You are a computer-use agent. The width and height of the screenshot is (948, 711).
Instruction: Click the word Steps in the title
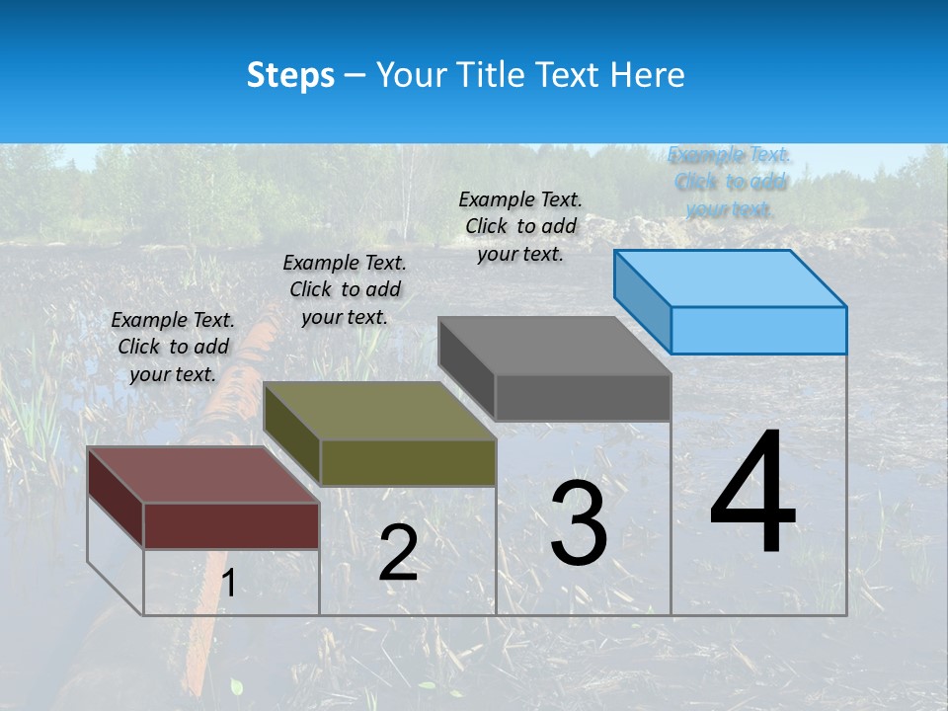pyautogui.click(x=290, y=75)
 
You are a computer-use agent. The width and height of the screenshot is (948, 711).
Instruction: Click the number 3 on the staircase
pyautogui.click(x=579, y=523)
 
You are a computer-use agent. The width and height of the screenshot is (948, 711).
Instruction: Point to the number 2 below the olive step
pyautogui.click(x=398, y=553)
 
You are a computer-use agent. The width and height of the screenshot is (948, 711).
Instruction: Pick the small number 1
pyautogui.click(x=229, y=584)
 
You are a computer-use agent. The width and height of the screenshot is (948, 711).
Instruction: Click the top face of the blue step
pyautogui.click(x=731, y=278)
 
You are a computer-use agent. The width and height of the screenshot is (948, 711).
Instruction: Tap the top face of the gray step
pyautogui.click(x=555, y=346)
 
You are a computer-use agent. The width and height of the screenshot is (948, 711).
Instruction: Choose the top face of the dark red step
pyautogui.click(x=202, y=475)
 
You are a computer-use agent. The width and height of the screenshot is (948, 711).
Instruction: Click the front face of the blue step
pyautogui.click(x=758, y=330)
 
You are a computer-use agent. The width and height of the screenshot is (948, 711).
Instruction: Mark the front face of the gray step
pyautogui.click(x=583, y=398)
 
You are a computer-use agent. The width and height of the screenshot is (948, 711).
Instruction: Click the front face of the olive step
pyautogui.click(x=408, y=462)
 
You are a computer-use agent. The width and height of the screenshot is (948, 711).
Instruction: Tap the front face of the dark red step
pyautogui.click(x=231, y=525)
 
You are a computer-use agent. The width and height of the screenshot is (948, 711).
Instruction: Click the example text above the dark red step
pyautogui.click(x=173, y=347)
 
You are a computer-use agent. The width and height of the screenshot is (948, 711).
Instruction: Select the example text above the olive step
pyautogui.click(x=345, y=289)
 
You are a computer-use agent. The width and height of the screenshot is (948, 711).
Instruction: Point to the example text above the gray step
pyautogui.click(x=520, y=226)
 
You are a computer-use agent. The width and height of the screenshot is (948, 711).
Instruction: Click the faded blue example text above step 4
pyautogui.click(x=730, y=182)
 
